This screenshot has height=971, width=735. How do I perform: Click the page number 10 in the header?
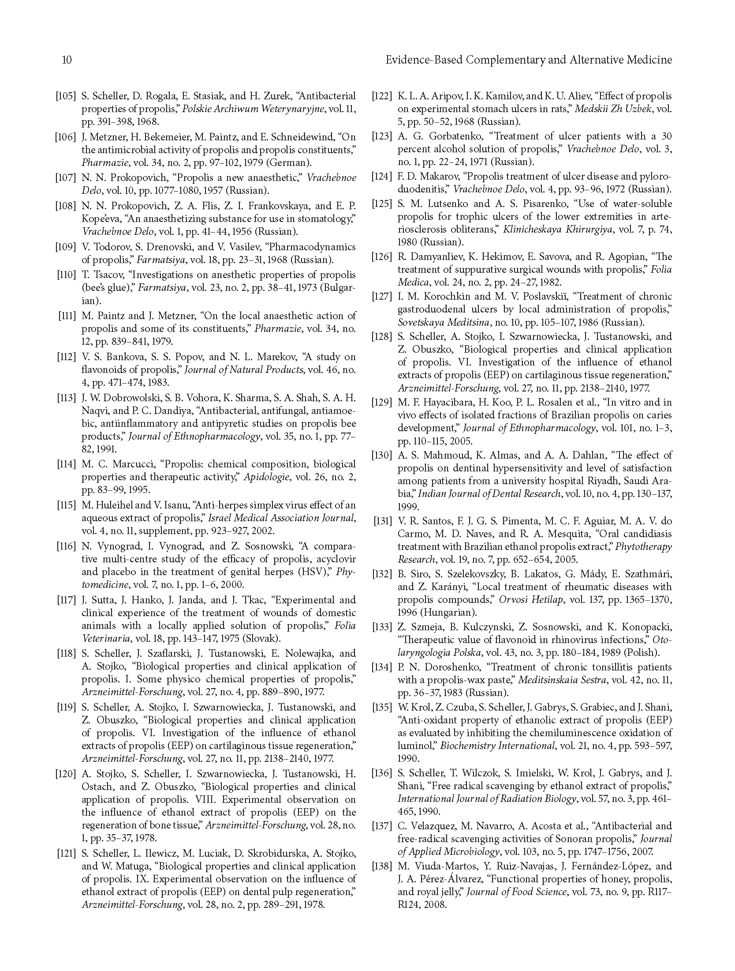67,60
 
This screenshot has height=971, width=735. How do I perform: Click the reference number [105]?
65,96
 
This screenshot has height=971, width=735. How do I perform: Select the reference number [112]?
66,357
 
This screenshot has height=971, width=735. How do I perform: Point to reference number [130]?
382,455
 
